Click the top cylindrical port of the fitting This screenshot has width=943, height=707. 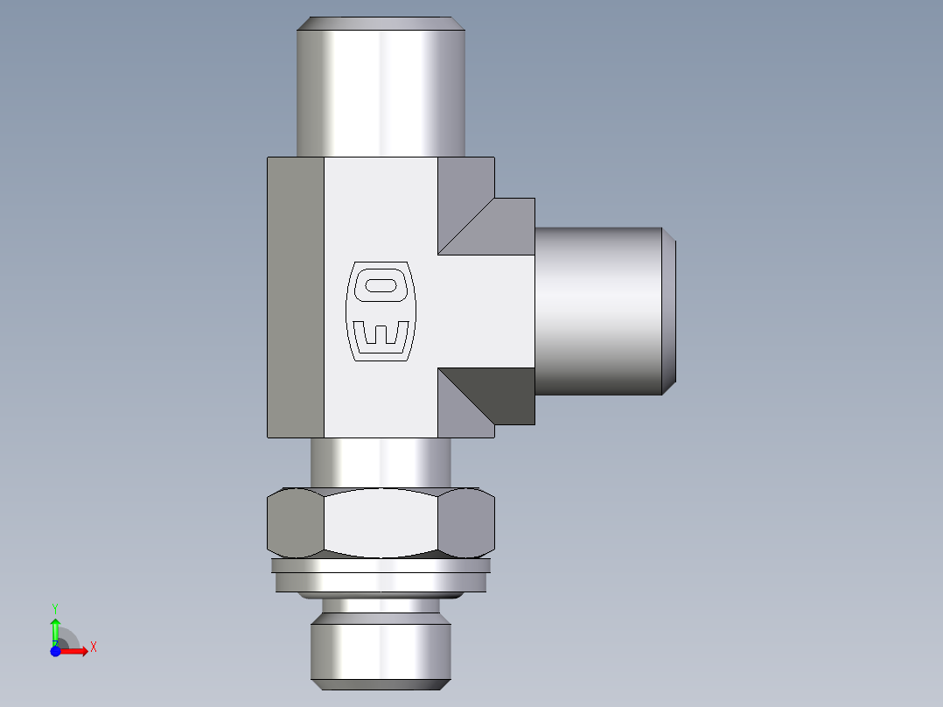click(381, 87)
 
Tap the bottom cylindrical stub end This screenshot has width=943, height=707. click(381, 647)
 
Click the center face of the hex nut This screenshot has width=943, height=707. click(381, 522)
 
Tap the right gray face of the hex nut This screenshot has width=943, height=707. click(465, 523)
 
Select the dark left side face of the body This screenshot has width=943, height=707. click(295, 297)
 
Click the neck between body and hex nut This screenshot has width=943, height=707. click(381, 462)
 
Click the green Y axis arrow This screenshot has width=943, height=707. click(55, 628)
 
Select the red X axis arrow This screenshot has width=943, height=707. click(75, 650)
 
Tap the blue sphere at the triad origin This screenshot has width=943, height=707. click(55, 650)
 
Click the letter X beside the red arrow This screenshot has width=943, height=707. click(93, 647)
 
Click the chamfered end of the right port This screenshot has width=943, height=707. click(669, 311)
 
